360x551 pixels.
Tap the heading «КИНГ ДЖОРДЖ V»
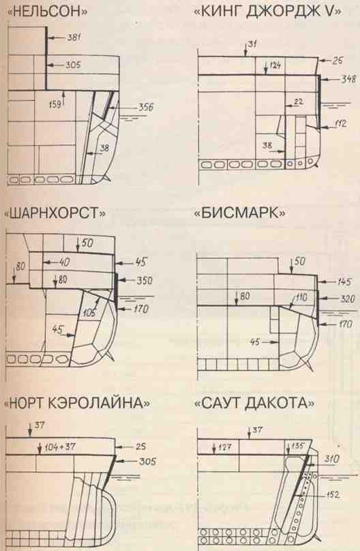pyautogui.click(x=267, y=14)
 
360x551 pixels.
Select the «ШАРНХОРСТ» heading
pyautogui.click(x=55, y=213)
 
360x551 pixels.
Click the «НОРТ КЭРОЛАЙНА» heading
pyautogui.click(x=77, y=403)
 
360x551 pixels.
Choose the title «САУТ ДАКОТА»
pyautogui.click(x=255, y=403)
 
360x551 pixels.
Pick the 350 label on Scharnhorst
pyautogui.click(x=145, y=280)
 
